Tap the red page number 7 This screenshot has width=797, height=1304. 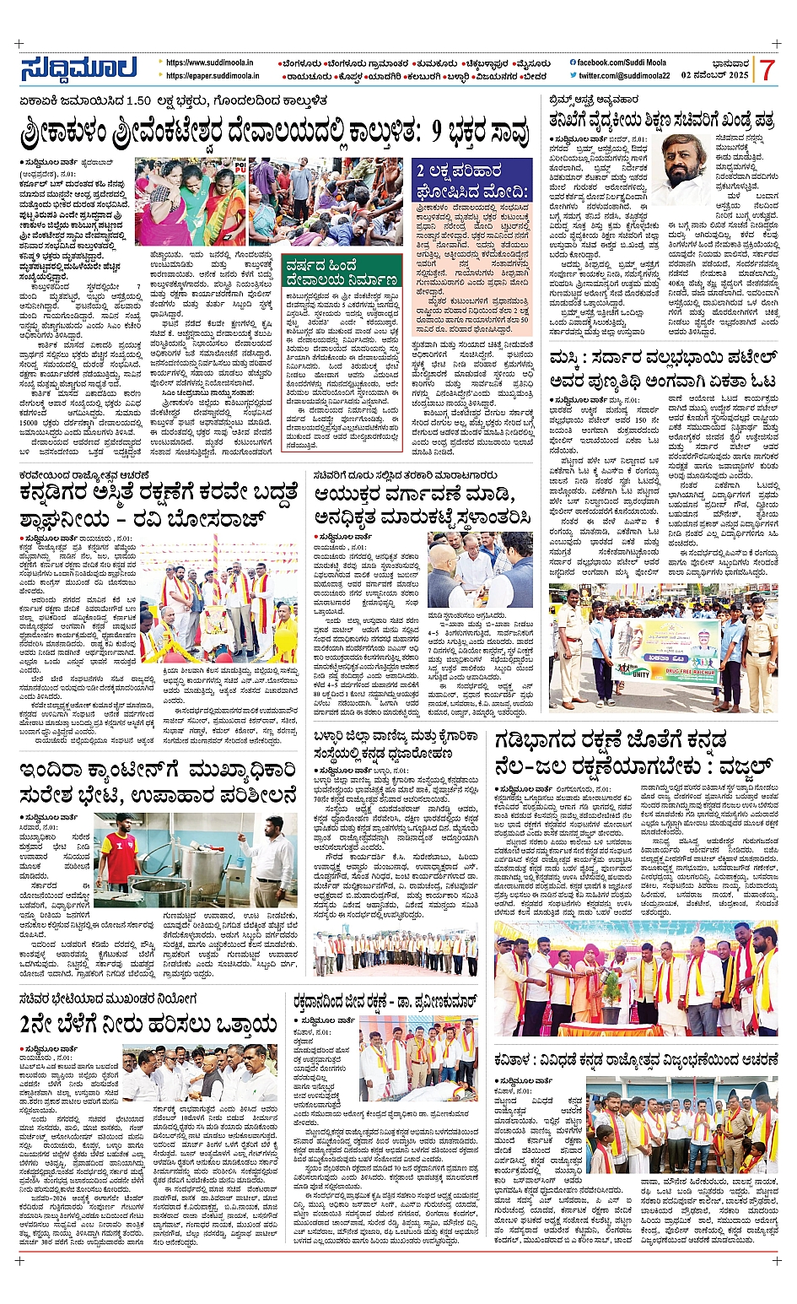point(767,70)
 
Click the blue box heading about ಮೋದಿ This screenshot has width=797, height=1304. point(473,181)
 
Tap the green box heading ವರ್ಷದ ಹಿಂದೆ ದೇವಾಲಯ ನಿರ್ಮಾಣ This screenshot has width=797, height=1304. point(342,270)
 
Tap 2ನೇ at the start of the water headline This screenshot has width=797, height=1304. point(42,1025)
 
